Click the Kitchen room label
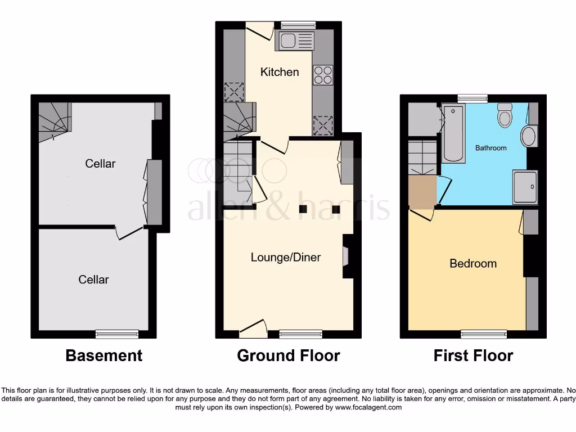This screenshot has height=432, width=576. pyautogui.click(x=280, y=72)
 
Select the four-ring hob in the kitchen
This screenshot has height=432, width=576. pyautogui.click(x=323, y=75)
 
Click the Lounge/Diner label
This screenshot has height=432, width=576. pyautogui.click(x=286, y=258)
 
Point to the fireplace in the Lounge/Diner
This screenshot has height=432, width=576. pyautogui.click(x=346, y=256)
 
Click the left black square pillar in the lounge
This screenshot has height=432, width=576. pyautogui.click(x=303, y=210)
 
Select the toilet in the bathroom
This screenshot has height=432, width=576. pyautogui.click(x=505, y=116)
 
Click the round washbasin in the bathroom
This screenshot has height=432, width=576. pyautogui.click(x=529, y=136)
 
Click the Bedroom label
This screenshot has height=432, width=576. pyautogui.click(x=473, y=263)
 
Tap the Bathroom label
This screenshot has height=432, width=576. pyautogui.click(x=490, y=148)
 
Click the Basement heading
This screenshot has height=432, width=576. pyautogui.click(x=104, y=355)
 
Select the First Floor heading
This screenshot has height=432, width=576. pyautogui.click(x=473, y=355)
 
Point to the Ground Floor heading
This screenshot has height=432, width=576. pyautogui.click(x=289, y=355)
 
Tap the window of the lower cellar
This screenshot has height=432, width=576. pyautogui.click(x=117, y=334)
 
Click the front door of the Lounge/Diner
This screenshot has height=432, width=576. pyautogui.click(x=253, y=330)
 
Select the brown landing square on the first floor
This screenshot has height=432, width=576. pyautogui.click(x=422, y=191)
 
